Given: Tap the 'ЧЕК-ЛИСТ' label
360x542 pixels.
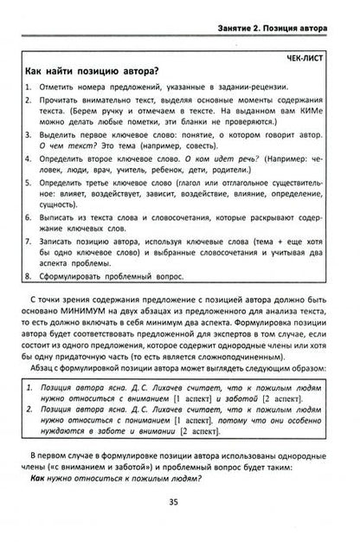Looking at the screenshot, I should coord(307,58).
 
